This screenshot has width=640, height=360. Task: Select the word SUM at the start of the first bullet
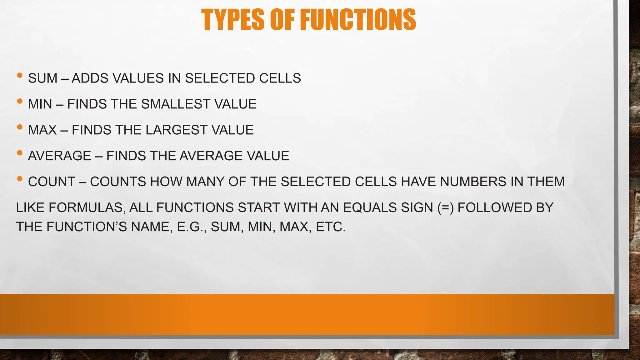point(42,78)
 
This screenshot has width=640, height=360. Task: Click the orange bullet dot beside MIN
point(20,101)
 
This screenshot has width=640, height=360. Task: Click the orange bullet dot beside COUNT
point(20,179)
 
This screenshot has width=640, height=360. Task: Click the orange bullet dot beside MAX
point(20,127)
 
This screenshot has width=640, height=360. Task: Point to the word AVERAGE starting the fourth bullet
point(59,156)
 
